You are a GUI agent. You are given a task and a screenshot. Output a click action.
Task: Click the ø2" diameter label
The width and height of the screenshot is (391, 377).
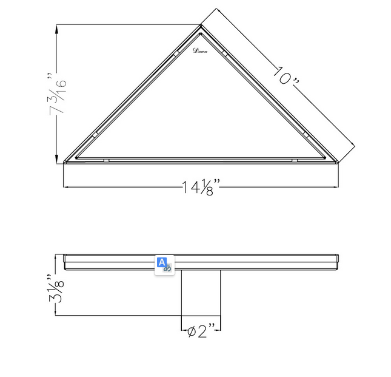click(201, 331)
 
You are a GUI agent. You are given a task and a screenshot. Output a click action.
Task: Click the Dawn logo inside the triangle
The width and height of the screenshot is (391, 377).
click(200, 52)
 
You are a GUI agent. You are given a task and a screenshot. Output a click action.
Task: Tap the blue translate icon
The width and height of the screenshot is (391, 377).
click(164, 264)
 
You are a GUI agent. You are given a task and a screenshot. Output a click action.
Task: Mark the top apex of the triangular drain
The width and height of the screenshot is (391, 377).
click(201, 25)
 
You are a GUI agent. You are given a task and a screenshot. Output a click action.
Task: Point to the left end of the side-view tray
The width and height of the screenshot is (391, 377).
click(65, 261)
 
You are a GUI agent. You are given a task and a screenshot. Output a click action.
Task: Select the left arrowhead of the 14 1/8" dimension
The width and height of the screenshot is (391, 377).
click(67, 187)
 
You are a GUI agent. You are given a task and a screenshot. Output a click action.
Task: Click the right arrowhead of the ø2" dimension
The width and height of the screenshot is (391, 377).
click(218, 331)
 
